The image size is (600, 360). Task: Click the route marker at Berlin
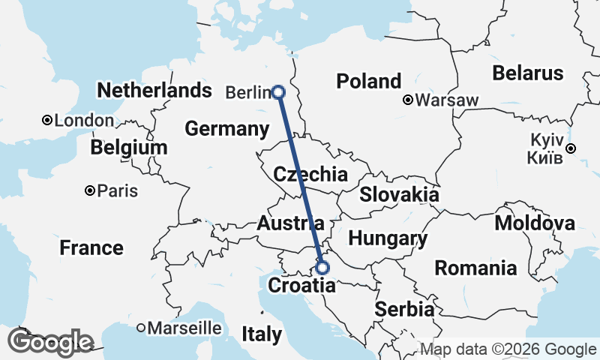click(278, 92)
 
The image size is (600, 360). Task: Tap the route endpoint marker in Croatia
click(322, 267)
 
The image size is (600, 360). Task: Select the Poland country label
click(368, 81)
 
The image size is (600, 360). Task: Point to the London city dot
click(46, 120)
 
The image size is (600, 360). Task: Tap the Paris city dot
click(90, 190)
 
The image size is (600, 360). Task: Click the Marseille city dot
click(141, 328)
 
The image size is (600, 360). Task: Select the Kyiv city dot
click(571, 148)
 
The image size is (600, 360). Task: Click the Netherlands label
click(154, 91)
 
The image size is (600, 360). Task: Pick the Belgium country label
click(128, 148)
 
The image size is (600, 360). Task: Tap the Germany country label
click(226, 129)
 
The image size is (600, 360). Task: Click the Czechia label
click(310, 175)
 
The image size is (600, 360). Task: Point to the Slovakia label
click(399, 195)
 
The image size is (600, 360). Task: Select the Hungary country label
click(388, 239)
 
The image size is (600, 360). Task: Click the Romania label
click(476, 268)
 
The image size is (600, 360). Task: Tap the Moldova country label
click(535, 223)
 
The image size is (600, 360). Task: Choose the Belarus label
click(527, 73)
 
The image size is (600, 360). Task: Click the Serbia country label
click(404, 309)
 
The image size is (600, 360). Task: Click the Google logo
click(50, 342)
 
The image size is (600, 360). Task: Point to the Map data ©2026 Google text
click(508, 349)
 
